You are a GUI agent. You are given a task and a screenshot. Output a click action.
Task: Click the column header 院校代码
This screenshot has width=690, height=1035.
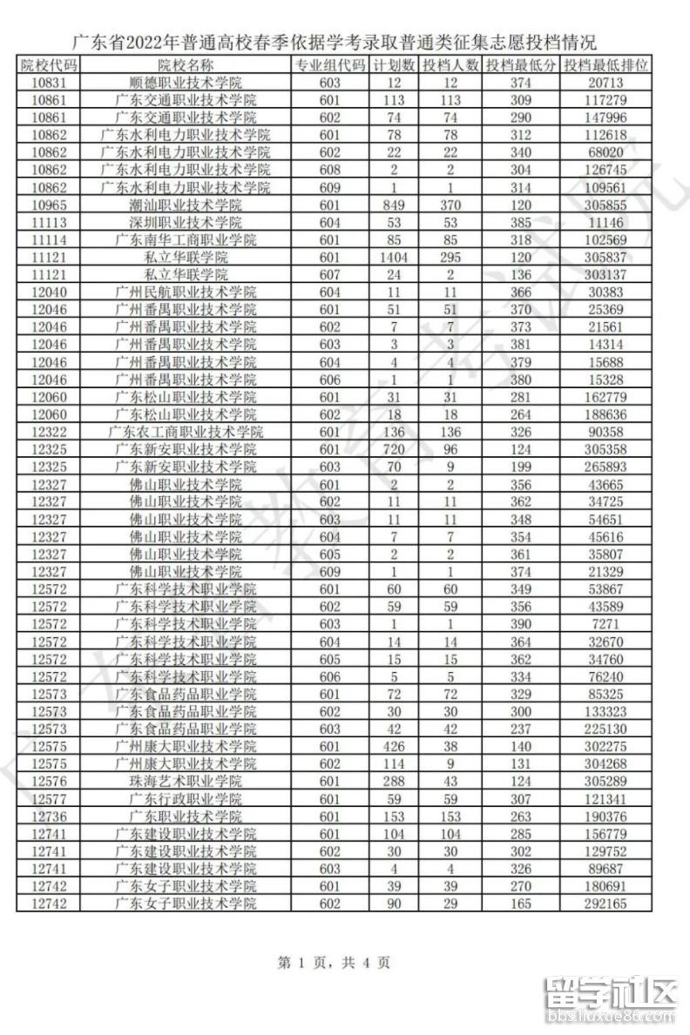(x=49, y=65)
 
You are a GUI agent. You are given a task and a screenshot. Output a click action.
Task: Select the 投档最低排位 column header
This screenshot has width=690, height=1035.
(x=605, y=65)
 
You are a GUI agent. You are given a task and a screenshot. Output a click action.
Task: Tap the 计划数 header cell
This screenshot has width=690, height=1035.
(x=395, y=65)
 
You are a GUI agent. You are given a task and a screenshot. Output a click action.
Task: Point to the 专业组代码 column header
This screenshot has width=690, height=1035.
(x=329, y=65)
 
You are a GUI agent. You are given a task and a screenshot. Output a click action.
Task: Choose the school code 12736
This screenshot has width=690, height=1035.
(x=49, y=817)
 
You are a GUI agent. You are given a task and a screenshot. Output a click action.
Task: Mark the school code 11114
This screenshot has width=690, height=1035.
(x=49, y=239)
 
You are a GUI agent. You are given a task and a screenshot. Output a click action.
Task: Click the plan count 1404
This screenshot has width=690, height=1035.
(x=395, y=257)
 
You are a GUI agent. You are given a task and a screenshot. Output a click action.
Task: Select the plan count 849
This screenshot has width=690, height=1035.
(x=395, y=205)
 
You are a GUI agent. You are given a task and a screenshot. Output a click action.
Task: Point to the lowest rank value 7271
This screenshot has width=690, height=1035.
(x=605, y=624)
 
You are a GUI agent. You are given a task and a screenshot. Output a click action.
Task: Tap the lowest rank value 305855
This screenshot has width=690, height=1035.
(x=605, y=205)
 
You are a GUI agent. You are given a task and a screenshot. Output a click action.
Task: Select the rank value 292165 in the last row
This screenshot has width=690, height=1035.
(x=605, y=904)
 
